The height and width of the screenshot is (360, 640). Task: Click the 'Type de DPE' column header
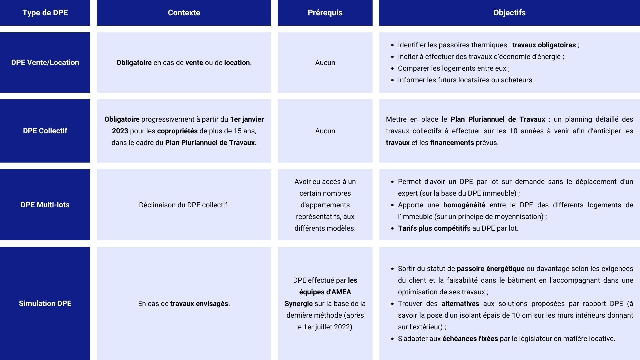45,13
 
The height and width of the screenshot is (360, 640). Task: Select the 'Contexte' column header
184,13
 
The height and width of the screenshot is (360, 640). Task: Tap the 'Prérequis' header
325,13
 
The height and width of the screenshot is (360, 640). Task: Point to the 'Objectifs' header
509,13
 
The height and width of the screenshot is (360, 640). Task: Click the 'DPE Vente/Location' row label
45,63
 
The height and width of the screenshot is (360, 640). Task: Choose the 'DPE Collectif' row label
45,131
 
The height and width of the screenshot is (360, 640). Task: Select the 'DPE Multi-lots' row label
45,205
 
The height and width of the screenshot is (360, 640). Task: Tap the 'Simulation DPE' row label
45,304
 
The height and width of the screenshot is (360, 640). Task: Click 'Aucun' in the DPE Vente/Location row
325,63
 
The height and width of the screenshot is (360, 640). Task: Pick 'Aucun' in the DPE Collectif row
325,131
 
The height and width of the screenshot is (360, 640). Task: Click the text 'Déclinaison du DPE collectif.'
184,205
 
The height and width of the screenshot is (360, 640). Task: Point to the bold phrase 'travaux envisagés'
199,304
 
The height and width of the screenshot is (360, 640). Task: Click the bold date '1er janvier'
247,119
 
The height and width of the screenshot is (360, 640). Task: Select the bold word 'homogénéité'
464,205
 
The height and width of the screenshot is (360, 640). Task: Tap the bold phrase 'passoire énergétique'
490,269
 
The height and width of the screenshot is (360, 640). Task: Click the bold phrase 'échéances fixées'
470,339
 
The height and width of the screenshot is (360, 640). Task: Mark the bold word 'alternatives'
460,304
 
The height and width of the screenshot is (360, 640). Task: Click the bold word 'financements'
452,143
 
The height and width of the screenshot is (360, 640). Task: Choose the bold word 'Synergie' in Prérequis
299,304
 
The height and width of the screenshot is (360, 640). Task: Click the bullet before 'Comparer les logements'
392,69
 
